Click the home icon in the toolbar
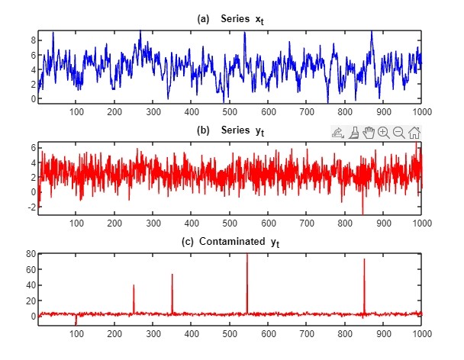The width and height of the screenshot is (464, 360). [x=414, y=133]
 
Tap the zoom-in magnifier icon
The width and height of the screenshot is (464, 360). [x=384, y=133]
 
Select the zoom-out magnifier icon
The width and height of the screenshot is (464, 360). [x=399, y=133]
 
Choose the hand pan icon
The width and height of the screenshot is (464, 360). [x=369, y=133]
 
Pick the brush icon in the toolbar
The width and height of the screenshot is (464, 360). [x=353, y=133]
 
